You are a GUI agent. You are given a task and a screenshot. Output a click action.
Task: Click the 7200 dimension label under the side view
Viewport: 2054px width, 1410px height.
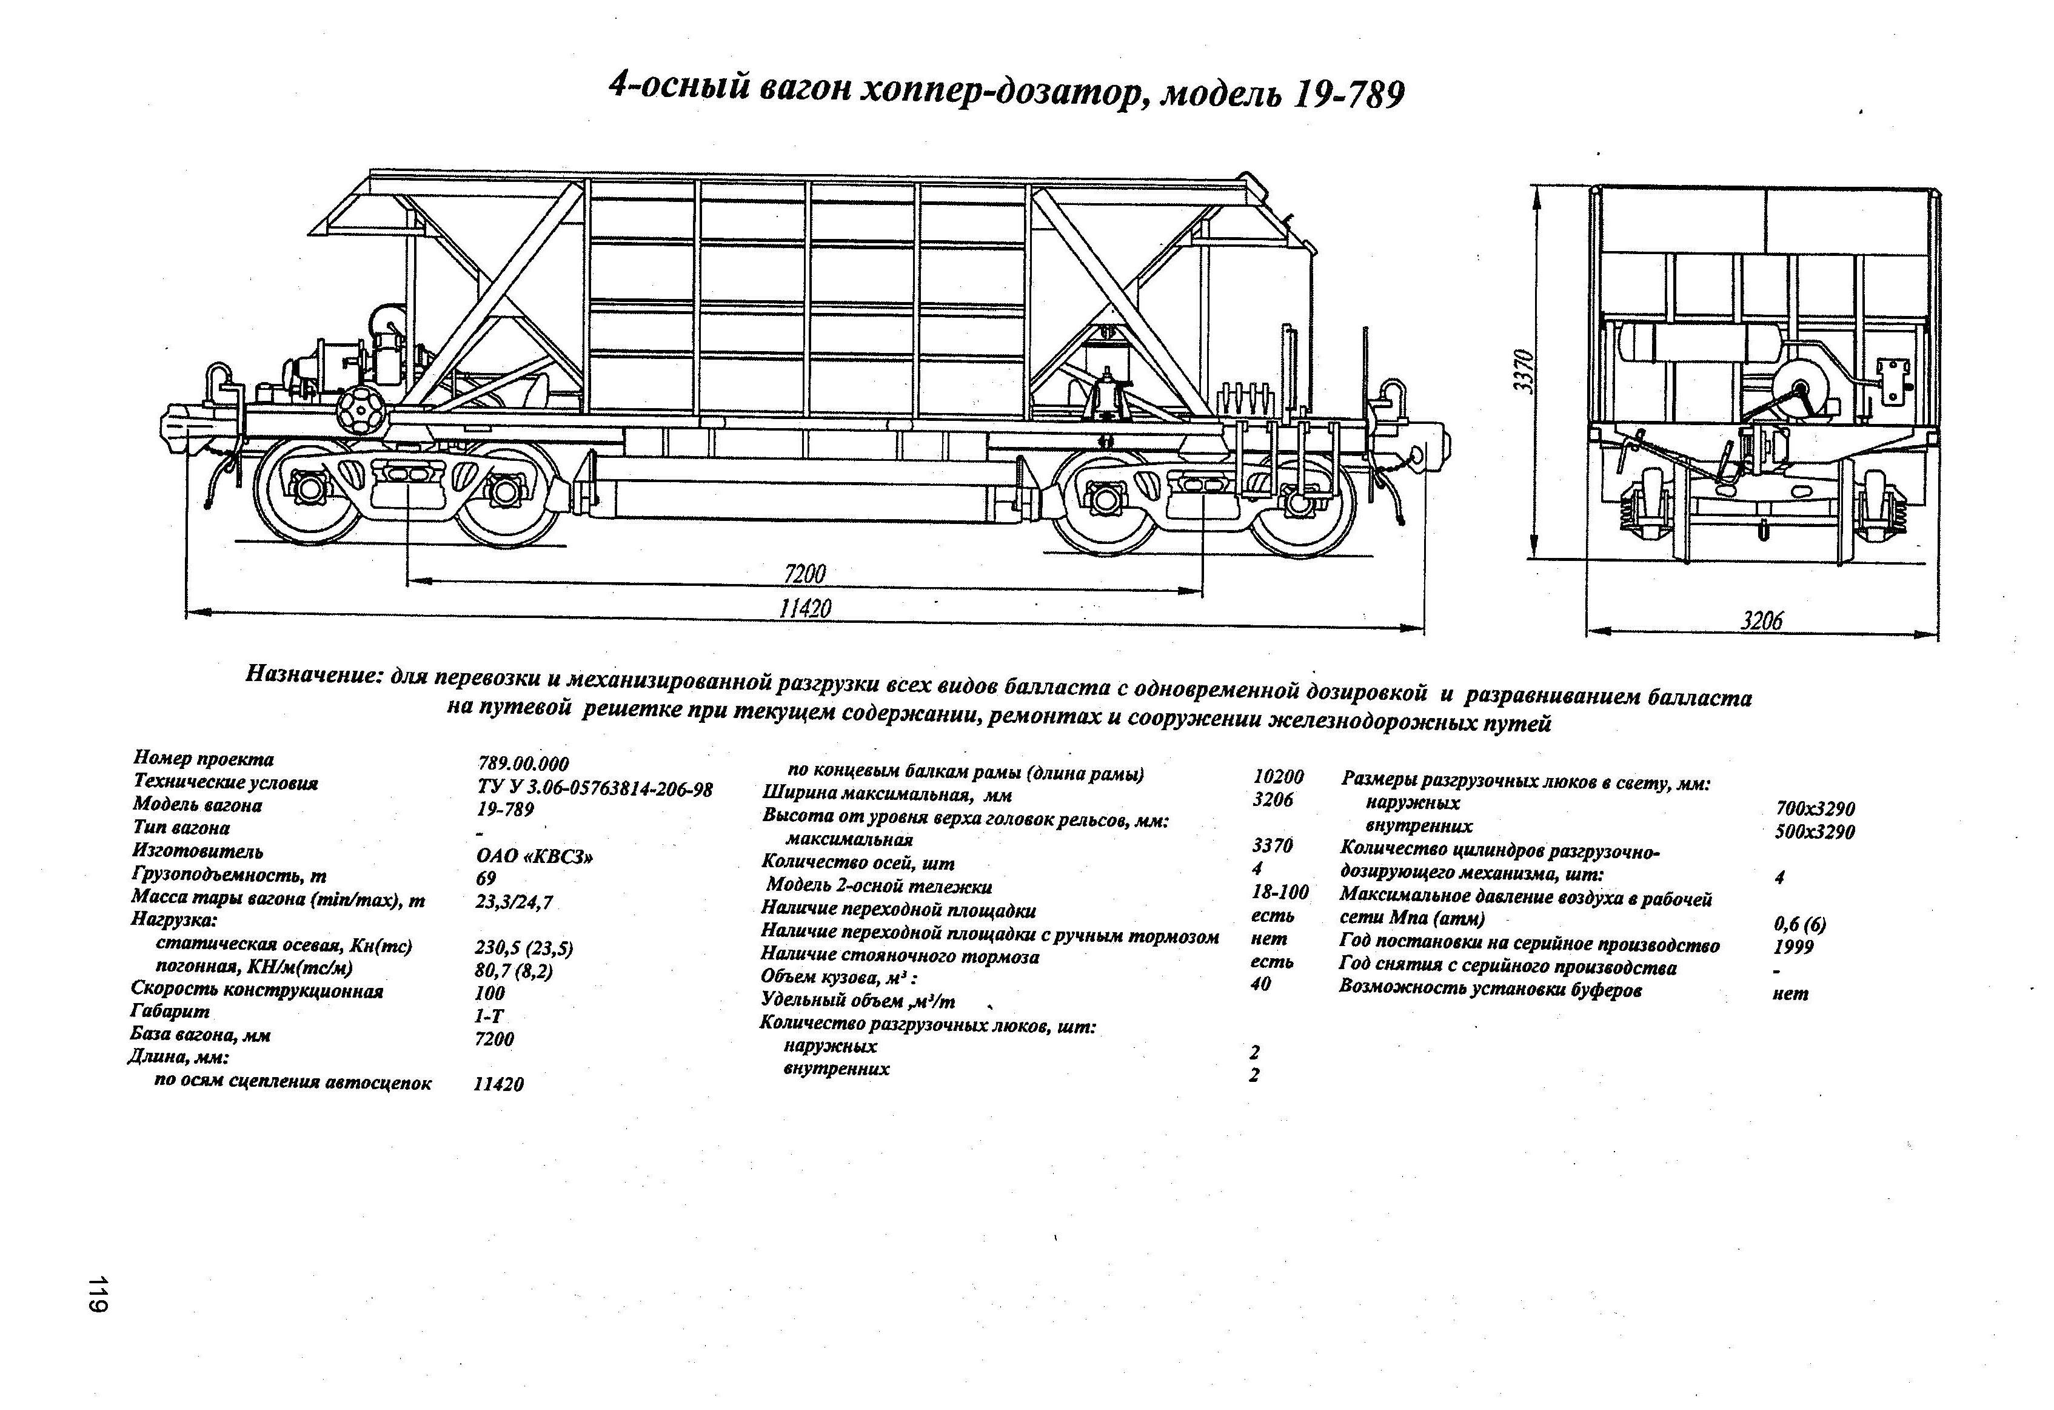click(x=805, y=574)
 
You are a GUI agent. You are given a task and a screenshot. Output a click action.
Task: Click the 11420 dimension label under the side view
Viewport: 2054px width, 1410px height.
click(x=805, y=609)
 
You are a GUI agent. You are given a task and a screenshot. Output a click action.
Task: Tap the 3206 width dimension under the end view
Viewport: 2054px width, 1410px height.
click(x=1761, y=620)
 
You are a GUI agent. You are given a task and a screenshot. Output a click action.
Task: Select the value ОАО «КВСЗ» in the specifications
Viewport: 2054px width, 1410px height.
click(x=534, y=856)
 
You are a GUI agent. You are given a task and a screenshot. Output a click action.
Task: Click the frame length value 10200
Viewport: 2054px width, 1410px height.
click(x=1278, y=777)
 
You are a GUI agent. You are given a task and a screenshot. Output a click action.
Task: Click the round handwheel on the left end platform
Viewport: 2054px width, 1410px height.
click(x=361, y=410)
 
